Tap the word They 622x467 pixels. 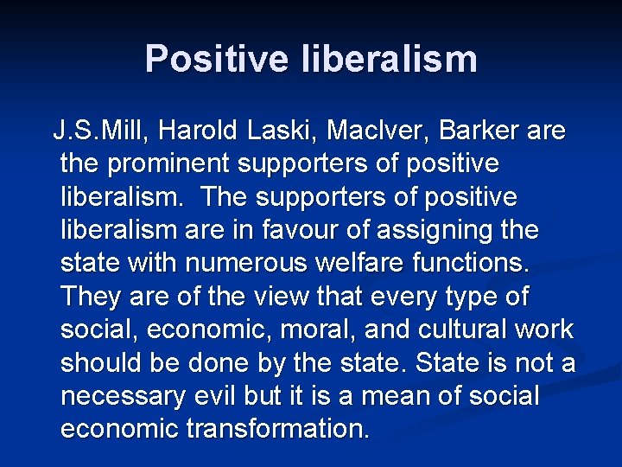click(x=92, y=297)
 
